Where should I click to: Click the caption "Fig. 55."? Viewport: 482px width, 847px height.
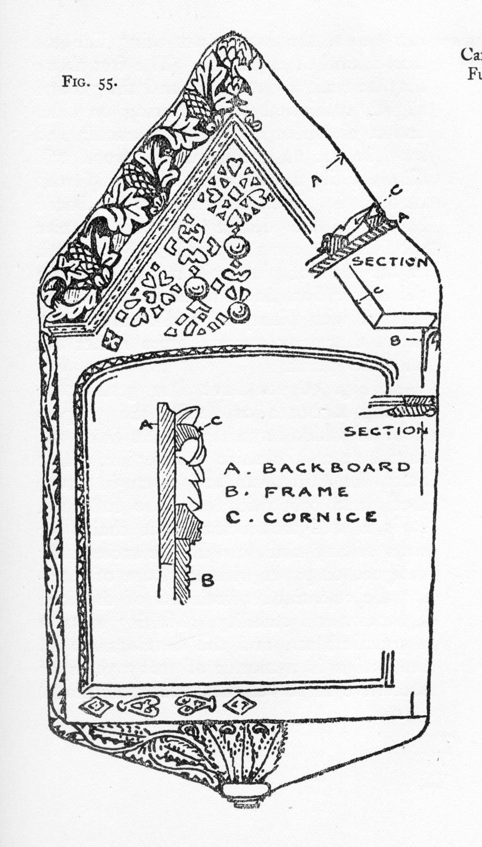click(x=89, y=82)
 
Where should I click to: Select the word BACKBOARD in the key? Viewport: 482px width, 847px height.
click(x=336, y=467)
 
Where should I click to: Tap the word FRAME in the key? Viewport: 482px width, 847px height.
click(x=306, y=492)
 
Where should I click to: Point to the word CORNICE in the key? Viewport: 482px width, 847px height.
click(x=320, y=517)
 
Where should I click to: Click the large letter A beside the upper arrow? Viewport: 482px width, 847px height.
click(x=316, y=181)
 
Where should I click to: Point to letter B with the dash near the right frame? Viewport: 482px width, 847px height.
click(x=395, y=341)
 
